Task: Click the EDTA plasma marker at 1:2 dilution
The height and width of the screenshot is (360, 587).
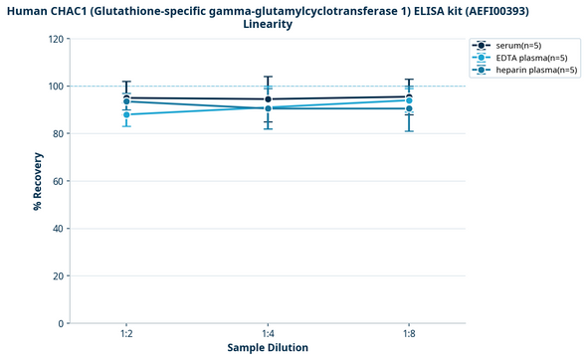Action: [126, 114]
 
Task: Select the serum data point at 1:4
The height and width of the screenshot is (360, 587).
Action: [268, 99]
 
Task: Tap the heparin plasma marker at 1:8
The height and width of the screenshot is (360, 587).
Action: [409, 108]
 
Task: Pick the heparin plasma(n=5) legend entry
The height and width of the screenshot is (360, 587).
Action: [530, 70]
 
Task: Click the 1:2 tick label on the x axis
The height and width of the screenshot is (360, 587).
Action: [126, 334]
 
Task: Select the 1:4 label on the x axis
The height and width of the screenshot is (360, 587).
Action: [268, 334]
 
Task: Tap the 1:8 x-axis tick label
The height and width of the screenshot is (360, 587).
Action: [409, 334]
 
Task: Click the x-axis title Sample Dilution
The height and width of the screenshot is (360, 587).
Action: [268, 348]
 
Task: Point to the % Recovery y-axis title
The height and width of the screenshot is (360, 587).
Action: [37, 181]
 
